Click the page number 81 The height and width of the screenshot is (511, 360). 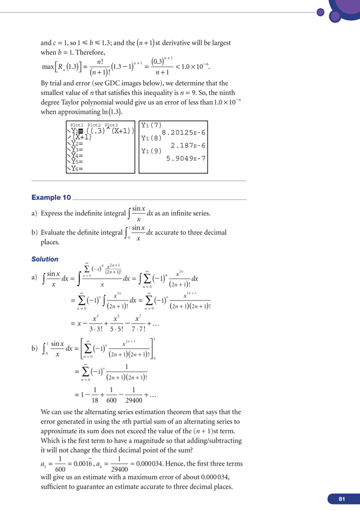pyautogui.click(x=341, y=499)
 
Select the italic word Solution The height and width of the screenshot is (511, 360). pyautogui.click(x=45, y=259)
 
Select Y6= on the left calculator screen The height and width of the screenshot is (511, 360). pyautogui.click(x=75, y=169)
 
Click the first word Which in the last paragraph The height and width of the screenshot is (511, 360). pyautogui.click(x=52, y=440)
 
